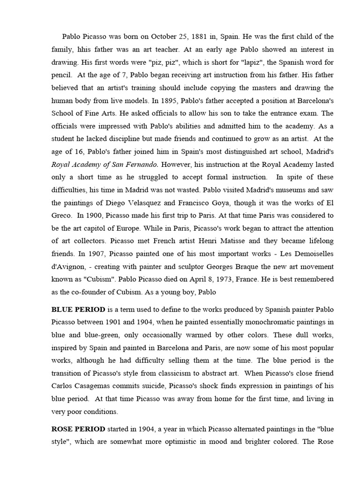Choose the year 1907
coord(103,254)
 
